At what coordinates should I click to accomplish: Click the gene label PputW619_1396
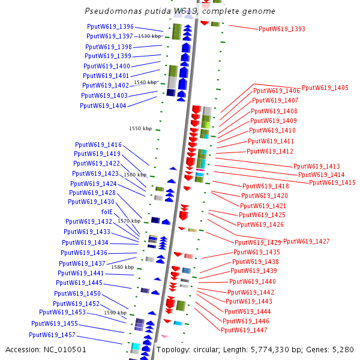point(110,27)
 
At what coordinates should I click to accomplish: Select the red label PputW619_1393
point(281,29)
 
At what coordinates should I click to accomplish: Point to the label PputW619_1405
point(325,88)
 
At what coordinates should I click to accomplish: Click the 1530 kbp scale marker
point(150,36)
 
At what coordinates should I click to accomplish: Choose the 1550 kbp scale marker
point(140,128)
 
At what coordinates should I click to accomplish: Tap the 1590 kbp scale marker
point(115,313)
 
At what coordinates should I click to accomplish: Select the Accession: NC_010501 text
point(46,349)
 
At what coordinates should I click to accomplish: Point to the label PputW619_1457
point(52,335)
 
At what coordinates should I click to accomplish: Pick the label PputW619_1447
point(244,330)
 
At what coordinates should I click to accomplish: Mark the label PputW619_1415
point(332,182)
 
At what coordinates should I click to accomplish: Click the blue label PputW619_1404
point(103,106)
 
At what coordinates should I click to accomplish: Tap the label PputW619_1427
point(306,241)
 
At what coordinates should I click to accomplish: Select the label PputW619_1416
point(98,145)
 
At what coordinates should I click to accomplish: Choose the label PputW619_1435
point(256,252)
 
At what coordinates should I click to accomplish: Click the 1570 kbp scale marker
point(128,221)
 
